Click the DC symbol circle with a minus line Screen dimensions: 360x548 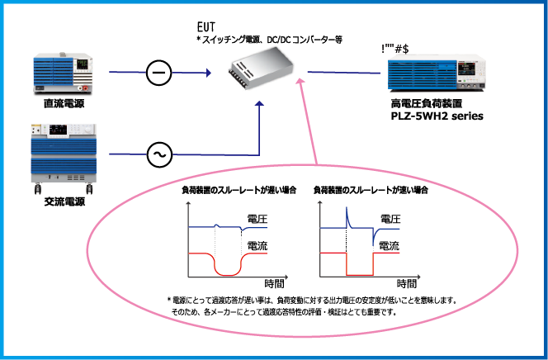click(157, 73)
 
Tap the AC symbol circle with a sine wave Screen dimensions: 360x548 click(157, 154)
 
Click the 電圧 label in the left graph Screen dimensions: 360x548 click(256, 219)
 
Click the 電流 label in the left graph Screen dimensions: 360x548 click(256, 245)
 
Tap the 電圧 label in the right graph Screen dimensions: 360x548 click(390, 219)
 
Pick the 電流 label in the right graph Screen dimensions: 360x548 click(390, 245)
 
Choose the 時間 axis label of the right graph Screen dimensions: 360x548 click(404, 283)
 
